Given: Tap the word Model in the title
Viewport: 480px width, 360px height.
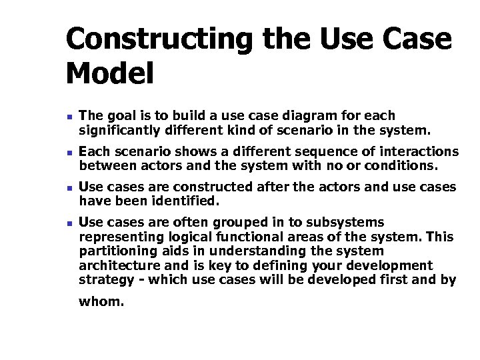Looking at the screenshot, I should [109, 73].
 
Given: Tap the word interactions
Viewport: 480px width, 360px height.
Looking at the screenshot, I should [419, 152].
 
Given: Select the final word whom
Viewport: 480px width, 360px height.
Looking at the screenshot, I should [101, 301].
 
